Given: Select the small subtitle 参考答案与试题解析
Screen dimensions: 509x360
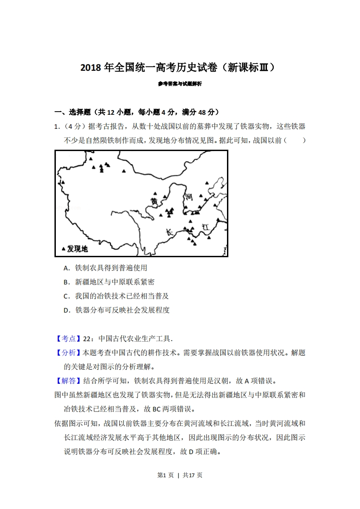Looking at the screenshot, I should pos(180,84).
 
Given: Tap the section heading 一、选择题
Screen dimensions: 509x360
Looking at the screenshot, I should pos(73,112).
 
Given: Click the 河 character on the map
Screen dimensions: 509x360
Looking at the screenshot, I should pos(189,196).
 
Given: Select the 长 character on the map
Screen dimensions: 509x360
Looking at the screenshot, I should pos(170,232).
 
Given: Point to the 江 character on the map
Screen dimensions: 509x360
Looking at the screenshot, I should pos(205,225).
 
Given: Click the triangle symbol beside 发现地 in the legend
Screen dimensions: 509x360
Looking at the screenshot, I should pos(64,248).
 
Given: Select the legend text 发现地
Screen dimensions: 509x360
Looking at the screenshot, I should pos(78,249).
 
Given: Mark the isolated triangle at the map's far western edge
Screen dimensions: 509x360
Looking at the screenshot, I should pos(63,182).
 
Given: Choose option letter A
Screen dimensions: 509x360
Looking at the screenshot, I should pos(66,268).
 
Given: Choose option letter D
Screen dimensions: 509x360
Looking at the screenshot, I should pos(67,310).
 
